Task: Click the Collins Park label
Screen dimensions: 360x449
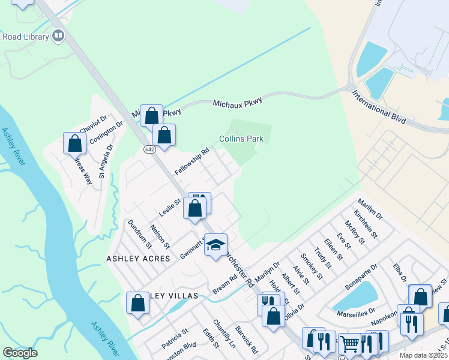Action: (241, 139)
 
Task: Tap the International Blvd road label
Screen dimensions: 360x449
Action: (380, 107)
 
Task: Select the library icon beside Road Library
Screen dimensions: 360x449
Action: (58, 37)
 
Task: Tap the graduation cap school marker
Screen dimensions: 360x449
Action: (216, 245)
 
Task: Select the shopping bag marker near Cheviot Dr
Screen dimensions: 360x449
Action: (75, 143)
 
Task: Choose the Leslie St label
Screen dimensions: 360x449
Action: (170, 208)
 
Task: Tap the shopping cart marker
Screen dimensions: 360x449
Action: (349, 344)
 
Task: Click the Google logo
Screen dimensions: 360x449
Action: (20, 353)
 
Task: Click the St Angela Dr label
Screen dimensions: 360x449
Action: (105, 161)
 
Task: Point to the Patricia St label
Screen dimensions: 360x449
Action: (175, 338)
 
